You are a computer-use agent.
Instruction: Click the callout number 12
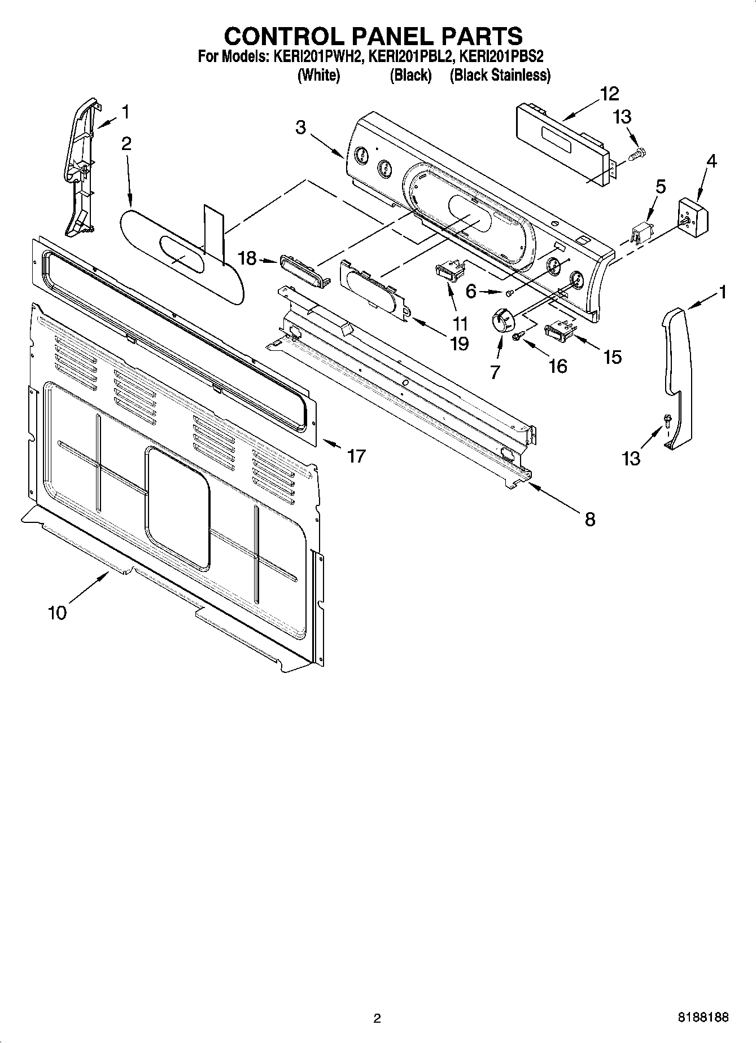(x=609, y=94)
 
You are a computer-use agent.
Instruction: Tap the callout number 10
(x=58, y=612)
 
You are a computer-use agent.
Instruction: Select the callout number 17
(x=356, y=455)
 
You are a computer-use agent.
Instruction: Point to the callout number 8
(x=590, y=519)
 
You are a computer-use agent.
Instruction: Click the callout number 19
(x=460, y=343)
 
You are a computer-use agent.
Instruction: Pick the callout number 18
(x=247, y=259)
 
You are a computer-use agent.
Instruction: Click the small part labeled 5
(x=642, y=232)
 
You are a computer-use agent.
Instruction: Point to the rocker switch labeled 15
(x=559, y=331)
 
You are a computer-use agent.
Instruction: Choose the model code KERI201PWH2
(x=318, y=56)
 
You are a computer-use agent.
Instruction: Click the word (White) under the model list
(x=318, y=75)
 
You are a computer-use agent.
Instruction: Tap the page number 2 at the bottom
(x=377, y=1018)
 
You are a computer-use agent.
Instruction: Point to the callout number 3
(x=300, y=127)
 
